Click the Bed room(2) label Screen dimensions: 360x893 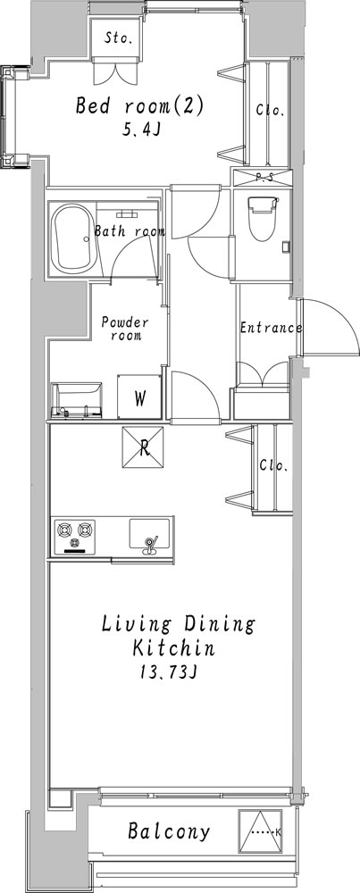tap(139, 106)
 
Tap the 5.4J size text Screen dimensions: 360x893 tap(139, 130)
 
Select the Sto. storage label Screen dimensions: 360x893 tap(119, 38)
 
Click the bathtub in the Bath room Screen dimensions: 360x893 tap(73, 239)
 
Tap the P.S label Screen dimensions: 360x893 tap(264, 178)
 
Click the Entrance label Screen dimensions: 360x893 tap(271, 328)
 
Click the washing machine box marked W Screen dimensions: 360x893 tap(139, 396)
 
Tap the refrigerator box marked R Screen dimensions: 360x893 tap(142, 447)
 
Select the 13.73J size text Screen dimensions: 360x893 tap(169, 673)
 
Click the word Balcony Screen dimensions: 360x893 tap(169, 831)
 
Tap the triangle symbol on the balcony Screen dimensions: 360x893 tap(260, 831)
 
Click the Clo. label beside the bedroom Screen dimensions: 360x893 tap(270, 111)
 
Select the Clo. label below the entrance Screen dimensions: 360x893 tap(274, 465)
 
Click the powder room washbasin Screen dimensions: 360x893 tap(76, 400)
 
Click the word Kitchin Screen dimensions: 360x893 tap(173, 648)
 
